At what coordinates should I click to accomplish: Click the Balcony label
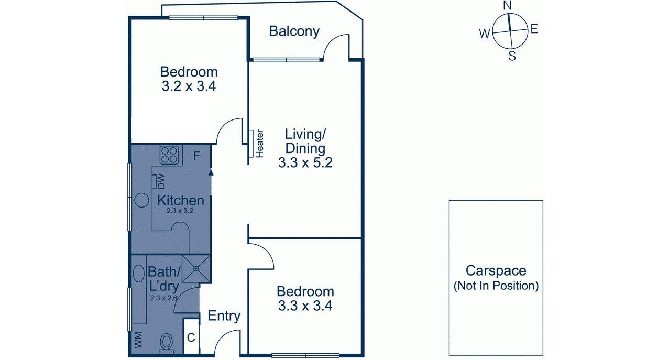[294, 31]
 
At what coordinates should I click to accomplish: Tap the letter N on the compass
[507, 6]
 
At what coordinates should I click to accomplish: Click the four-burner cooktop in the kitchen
[169, 155]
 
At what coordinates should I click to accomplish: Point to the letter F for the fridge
[197, 156]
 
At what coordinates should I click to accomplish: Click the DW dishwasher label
[161, 181]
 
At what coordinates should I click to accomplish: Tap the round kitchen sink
[141, 200]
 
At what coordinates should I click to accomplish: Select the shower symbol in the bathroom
[196, 268]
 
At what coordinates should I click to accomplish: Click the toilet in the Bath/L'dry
[167, 343]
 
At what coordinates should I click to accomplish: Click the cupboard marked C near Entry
[191, 337]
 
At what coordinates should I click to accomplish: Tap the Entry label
[224, 316]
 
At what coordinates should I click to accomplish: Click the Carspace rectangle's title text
[496, 270]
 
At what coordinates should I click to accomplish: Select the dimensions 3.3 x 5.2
[305, 163]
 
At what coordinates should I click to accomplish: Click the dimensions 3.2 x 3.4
[189, 86]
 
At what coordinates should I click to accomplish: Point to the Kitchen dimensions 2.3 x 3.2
[180, 211]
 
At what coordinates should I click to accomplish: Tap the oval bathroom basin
[139, 274]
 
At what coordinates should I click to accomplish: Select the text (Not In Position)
[496, 286]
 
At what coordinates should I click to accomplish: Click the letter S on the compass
[512, 56]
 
